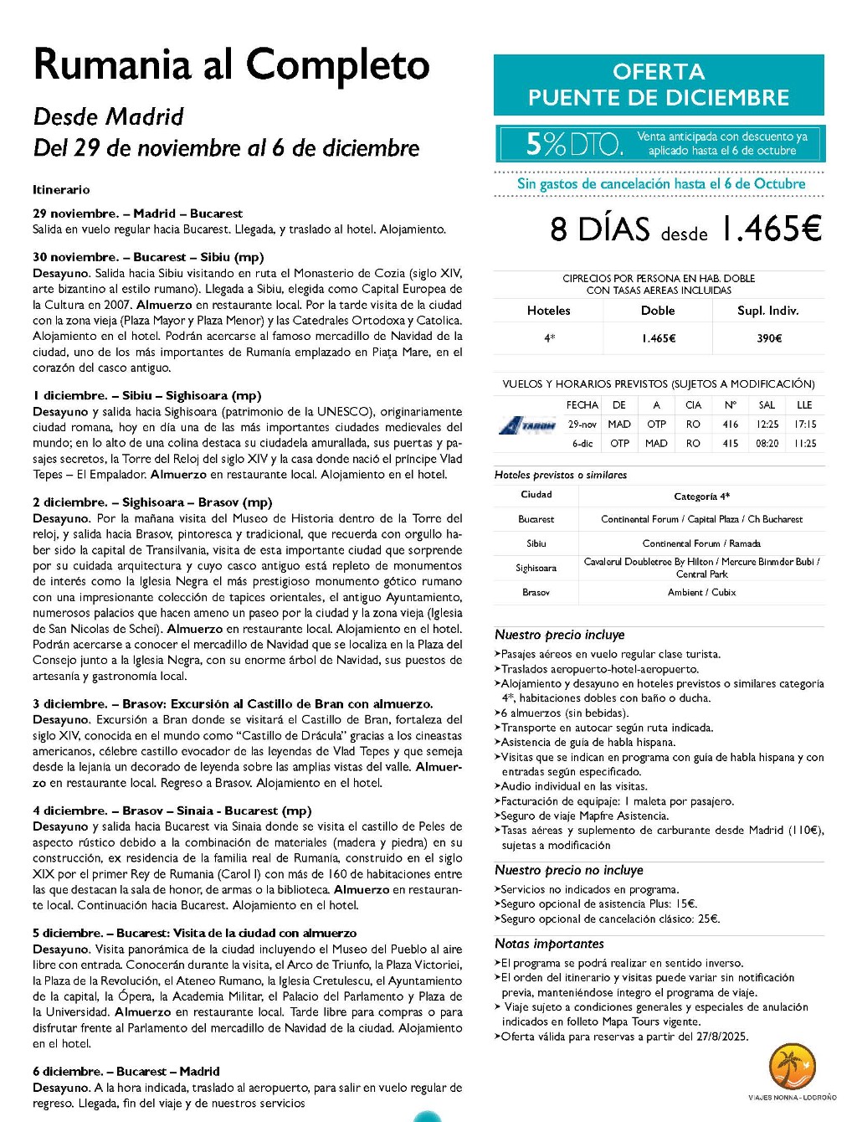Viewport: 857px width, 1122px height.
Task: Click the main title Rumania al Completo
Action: click(x=231, y=65)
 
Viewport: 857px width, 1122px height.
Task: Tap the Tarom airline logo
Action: click(x=527, y=425)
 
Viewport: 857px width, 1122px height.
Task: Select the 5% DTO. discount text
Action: click(x=574, y=144)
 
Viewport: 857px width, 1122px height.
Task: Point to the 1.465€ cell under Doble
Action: click(x=659, y=338)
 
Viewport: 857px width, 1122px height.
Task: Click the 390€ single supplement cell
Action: click(x=769, y=338)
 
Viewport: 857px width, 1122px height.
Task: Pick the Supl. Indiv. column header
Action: click(x=767, y=311)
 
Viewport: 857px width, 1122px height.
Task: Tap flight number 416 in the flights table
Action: click(x=731, y=425)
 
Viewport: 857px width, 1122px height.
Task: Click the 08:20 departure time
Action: click(x=767, y=444)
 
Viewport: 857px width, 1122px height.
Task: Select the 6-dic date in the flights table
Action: click(x=582, y=444)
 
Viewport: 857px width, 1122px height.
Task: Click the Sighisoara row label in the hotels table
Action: click(x=536, y=568)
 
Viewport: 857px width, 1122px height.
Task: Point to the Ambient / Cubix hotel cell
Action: click(x=701, y=592)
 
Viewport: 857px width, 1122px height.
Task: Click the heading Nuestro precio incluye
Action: click(x=559, y=635)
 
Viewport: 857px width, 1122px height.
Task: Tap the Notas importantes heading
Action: click(x=549, y=944)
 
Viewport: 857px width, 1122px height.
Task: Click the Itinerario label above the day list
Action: click(x=61, y=190)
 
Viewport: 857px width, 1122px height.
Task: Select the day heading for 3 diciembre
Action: click(x=233, y=704)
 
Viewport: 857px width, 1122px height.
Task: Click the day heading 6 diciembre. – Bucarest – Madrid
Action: click(x=126, y=1072)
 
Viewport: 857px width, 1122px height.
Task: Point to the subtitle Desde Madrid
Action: click(x=108, y=117)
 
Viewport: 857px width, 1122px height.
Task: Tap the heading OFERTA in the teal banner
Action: click(x=659, y=72)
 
